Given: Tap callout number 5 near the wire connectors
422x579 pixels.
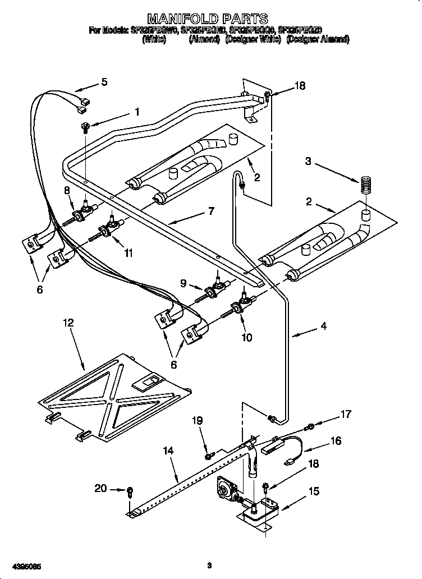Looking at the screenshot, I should click(104, 82).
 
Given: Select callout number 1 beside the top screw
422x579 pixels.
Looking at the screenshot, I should click(136, 112).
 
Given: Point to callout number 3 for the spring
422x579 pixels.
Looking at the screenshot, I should click(308, 161).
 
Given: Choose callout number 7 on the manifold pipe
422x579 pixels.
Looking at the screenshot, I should click(211, 212).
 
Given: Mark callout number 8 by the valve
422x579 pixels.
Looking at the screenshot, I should click(67, 190).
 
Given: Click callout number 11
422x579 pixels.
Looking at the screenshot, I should click(129, 253).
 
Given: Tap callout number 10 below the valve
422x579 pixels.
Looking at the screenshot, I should click(246, 337).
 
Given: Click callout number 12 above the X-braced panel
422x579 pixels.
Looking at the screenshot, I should click(68, 323).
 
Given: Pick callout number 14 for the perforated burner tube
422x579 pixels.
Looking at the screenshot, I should click(168, 449).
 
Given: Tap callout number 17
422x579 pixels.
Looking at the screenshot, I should click(346, 415).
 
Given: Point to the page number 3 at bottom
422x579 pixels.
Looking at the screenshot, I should click(208, 564).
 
